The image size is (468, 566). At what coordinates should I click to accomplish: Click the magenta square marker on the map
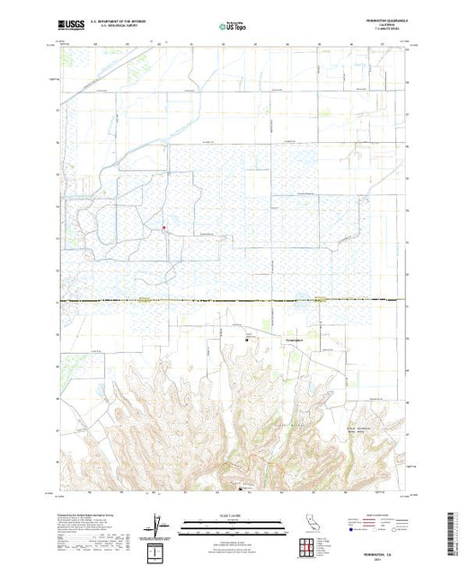coord(163,227)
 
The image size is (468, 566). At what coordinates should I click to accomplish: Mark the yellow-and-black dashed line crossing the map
coord(234,301)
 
